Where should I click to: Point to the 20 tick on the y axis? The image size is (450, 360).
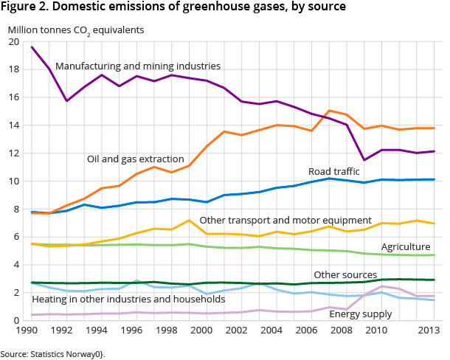pos(14,42)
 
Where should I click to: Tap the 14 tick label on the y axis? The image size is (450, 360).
pos(14,125)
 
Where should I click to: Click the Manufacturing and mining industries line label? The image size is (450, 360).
pos(138,66)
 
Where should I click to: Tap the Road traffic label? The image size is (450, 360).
pos(334,172)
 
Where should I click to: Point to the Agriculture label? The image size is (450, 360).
pos(406,246)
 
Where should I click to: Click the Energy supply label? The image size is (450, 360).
pos(361,314)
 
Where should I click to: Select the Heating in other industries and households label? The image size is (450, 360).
pos(128,299)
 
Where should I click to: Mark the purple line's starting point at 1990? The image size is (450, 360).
pos(32,47)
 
